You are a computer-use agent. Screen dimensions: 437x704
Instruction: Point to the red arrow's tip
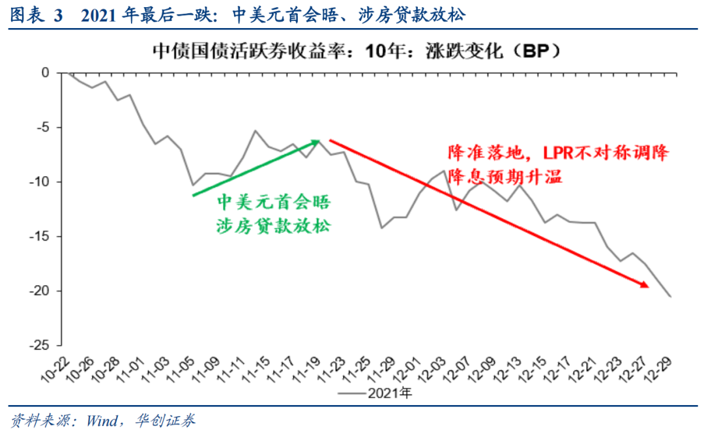point(647,285)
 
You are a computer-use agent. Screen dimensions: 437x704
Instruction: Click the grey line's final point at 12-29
point(671,296)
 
